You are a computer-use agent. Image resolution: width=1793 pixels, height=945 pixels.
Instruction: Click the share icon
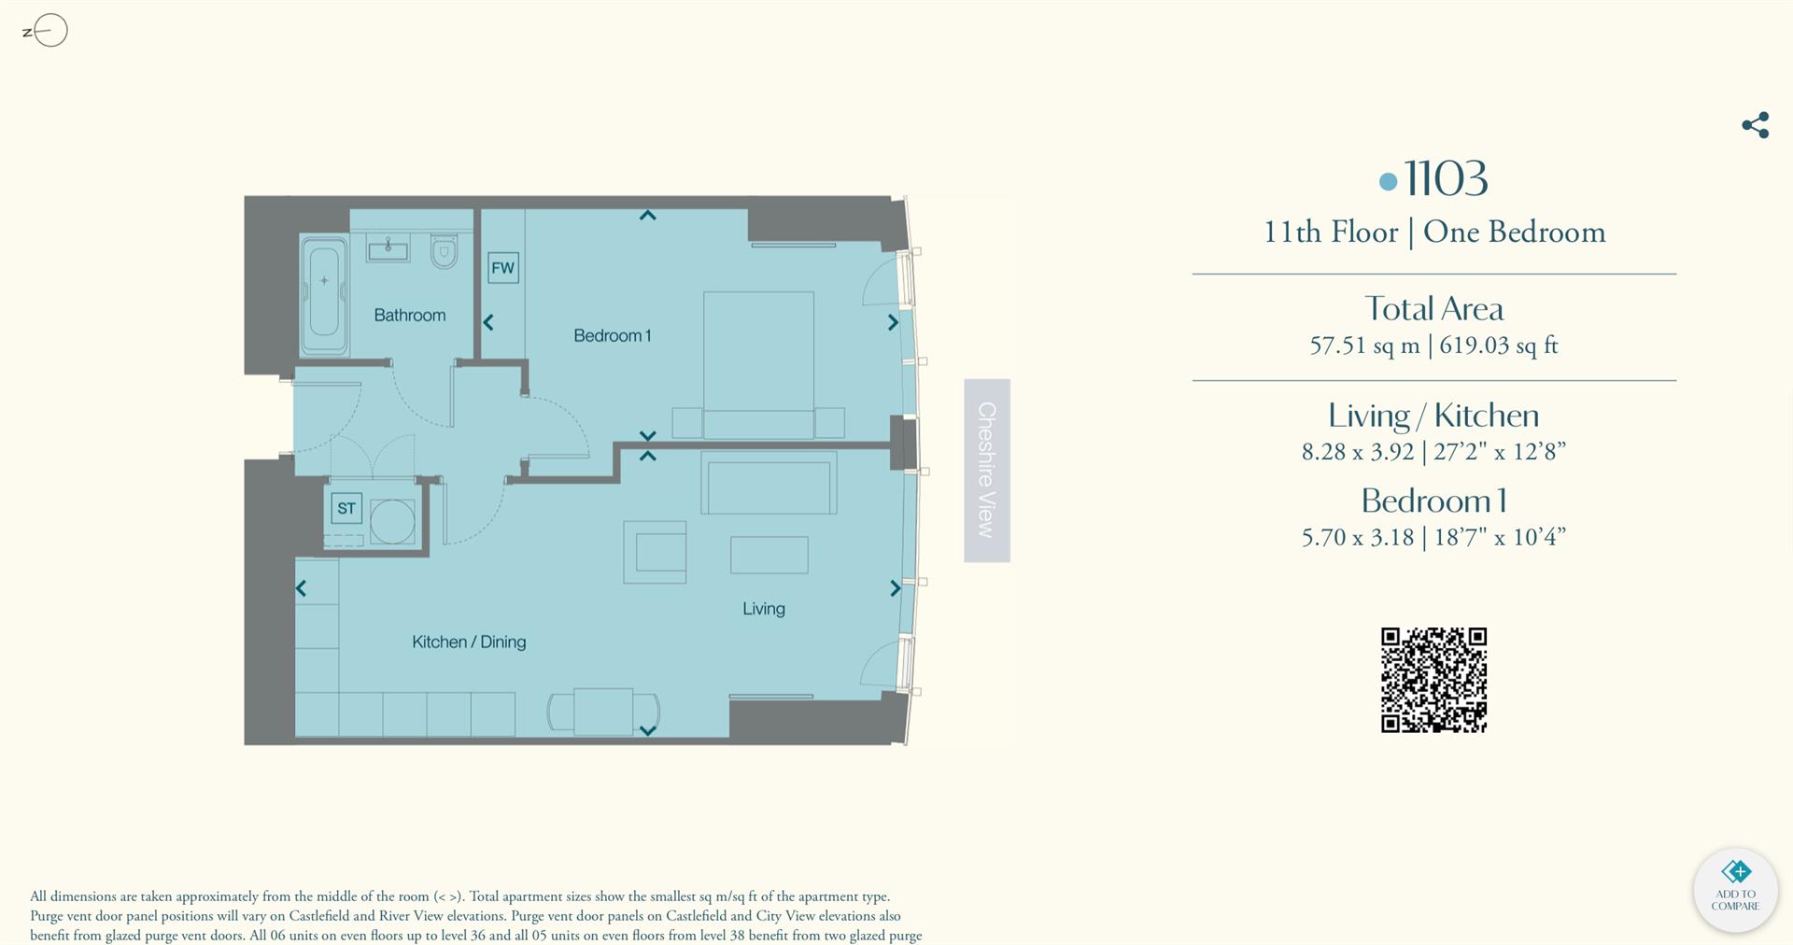pyautogui.click(x=1755, y=125)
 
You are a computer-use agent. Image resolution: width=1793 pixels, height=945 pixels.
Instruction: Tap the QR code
pyautogui.click(x=1433, y=680)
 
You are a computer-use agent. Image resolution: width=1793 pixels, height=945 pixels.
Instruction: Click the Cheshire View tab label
pyautogui.click(x=987, y=470)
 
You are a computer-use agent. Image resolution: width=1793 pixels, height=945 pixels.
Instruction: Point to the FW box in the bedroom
pyautogui.click(x=502, y=268)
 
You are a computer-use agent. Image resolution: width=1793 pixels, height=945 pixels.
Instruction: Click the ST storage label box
pyautogui.click(x=346, y=508)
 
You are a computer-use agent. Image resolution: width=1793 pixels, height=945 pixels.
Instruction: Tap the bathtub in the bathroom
pyautogui.click(x=324, y=292)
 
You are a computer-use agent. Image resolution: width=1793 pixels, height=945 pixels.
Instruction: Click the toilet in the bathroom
pyautogui.click(x=445, y=250)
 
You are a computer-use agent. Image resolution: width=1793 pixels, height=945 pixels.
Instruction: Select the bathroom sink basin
pyautogui.click(x=388, y=248)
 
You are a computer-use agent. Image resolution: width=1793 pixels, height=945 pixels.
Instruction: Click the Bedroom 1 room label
pyautogui.click(x=612, y=335)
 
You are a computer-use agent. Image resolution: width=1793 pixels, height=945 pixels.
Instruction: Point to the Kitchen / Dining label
pyautogui.click(x=469, y=642)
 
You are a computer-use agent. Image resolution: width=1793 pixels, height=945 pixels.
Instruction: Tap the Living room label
pyautogui.click(x=763, y=609)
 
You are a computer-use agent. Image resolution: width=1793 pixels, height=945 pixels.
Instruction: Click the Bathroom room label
pyautogui.click(x=409, y=316)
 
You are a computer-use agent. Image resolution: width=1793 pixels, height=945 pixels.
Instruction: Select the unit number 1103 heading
pyautogui.click(x=1445, y=178)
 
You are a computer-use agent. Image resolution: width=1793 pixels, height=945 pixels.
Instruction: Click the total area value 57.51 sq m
pyautogui.click(x=1363, y=346)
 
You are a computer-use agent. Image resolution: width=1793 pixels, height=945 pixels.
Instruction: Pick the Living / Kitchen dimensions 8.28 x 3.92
pyautogui.click(x=1358, y=452)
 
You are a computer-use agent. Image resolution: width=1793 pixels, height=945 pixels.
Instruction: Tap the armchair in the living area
pyautogui.click(x=656, y=552)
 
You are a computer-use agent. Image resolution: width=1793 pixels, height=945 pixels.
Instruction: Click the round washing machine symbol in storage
pyautogui.click(x=392, y=521)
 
